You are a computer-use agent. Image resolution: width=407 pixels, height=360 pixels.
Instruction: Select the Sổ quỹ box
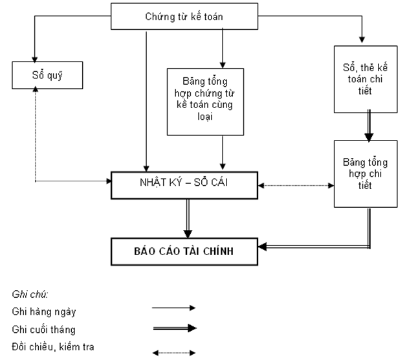[40, 74]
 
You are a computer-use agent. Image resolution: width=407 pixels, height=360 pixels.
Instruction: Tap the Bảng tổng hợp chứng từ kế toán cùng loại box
[204, 101]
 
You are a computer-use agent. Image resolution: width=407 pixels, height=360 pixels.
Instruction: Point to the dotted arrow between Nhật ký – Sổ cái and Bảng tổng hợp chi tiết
[295, 186]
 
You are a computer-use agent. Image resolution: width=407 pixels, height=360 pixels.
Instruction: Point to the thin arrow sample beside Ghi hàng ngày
[173, 309]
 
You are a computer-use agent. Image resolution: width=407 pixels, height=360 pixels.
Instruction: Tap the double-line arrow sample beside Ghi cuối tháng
[173, 328]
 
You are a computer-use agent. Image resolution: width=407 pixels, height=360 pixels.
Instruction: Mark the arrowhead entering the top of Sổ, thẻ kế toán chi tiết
[362, 40]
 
